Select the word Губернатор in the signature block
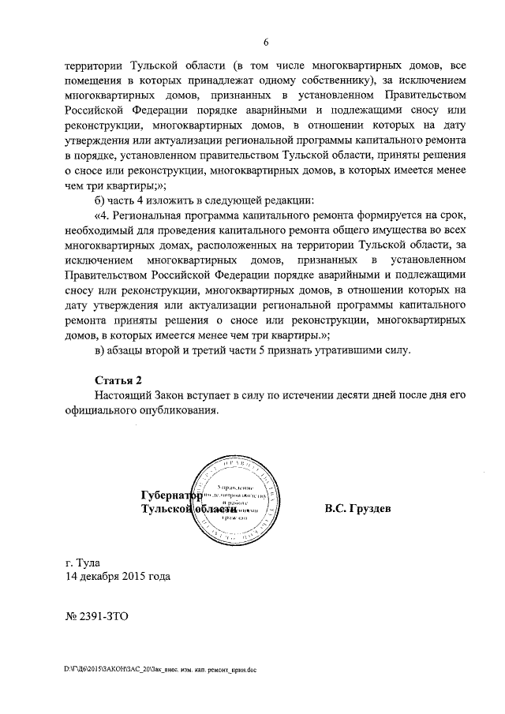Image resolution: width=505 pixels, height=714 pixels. (170, 496)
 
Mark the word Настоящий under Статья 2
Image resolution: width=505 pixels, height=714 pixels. (122, 395)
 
